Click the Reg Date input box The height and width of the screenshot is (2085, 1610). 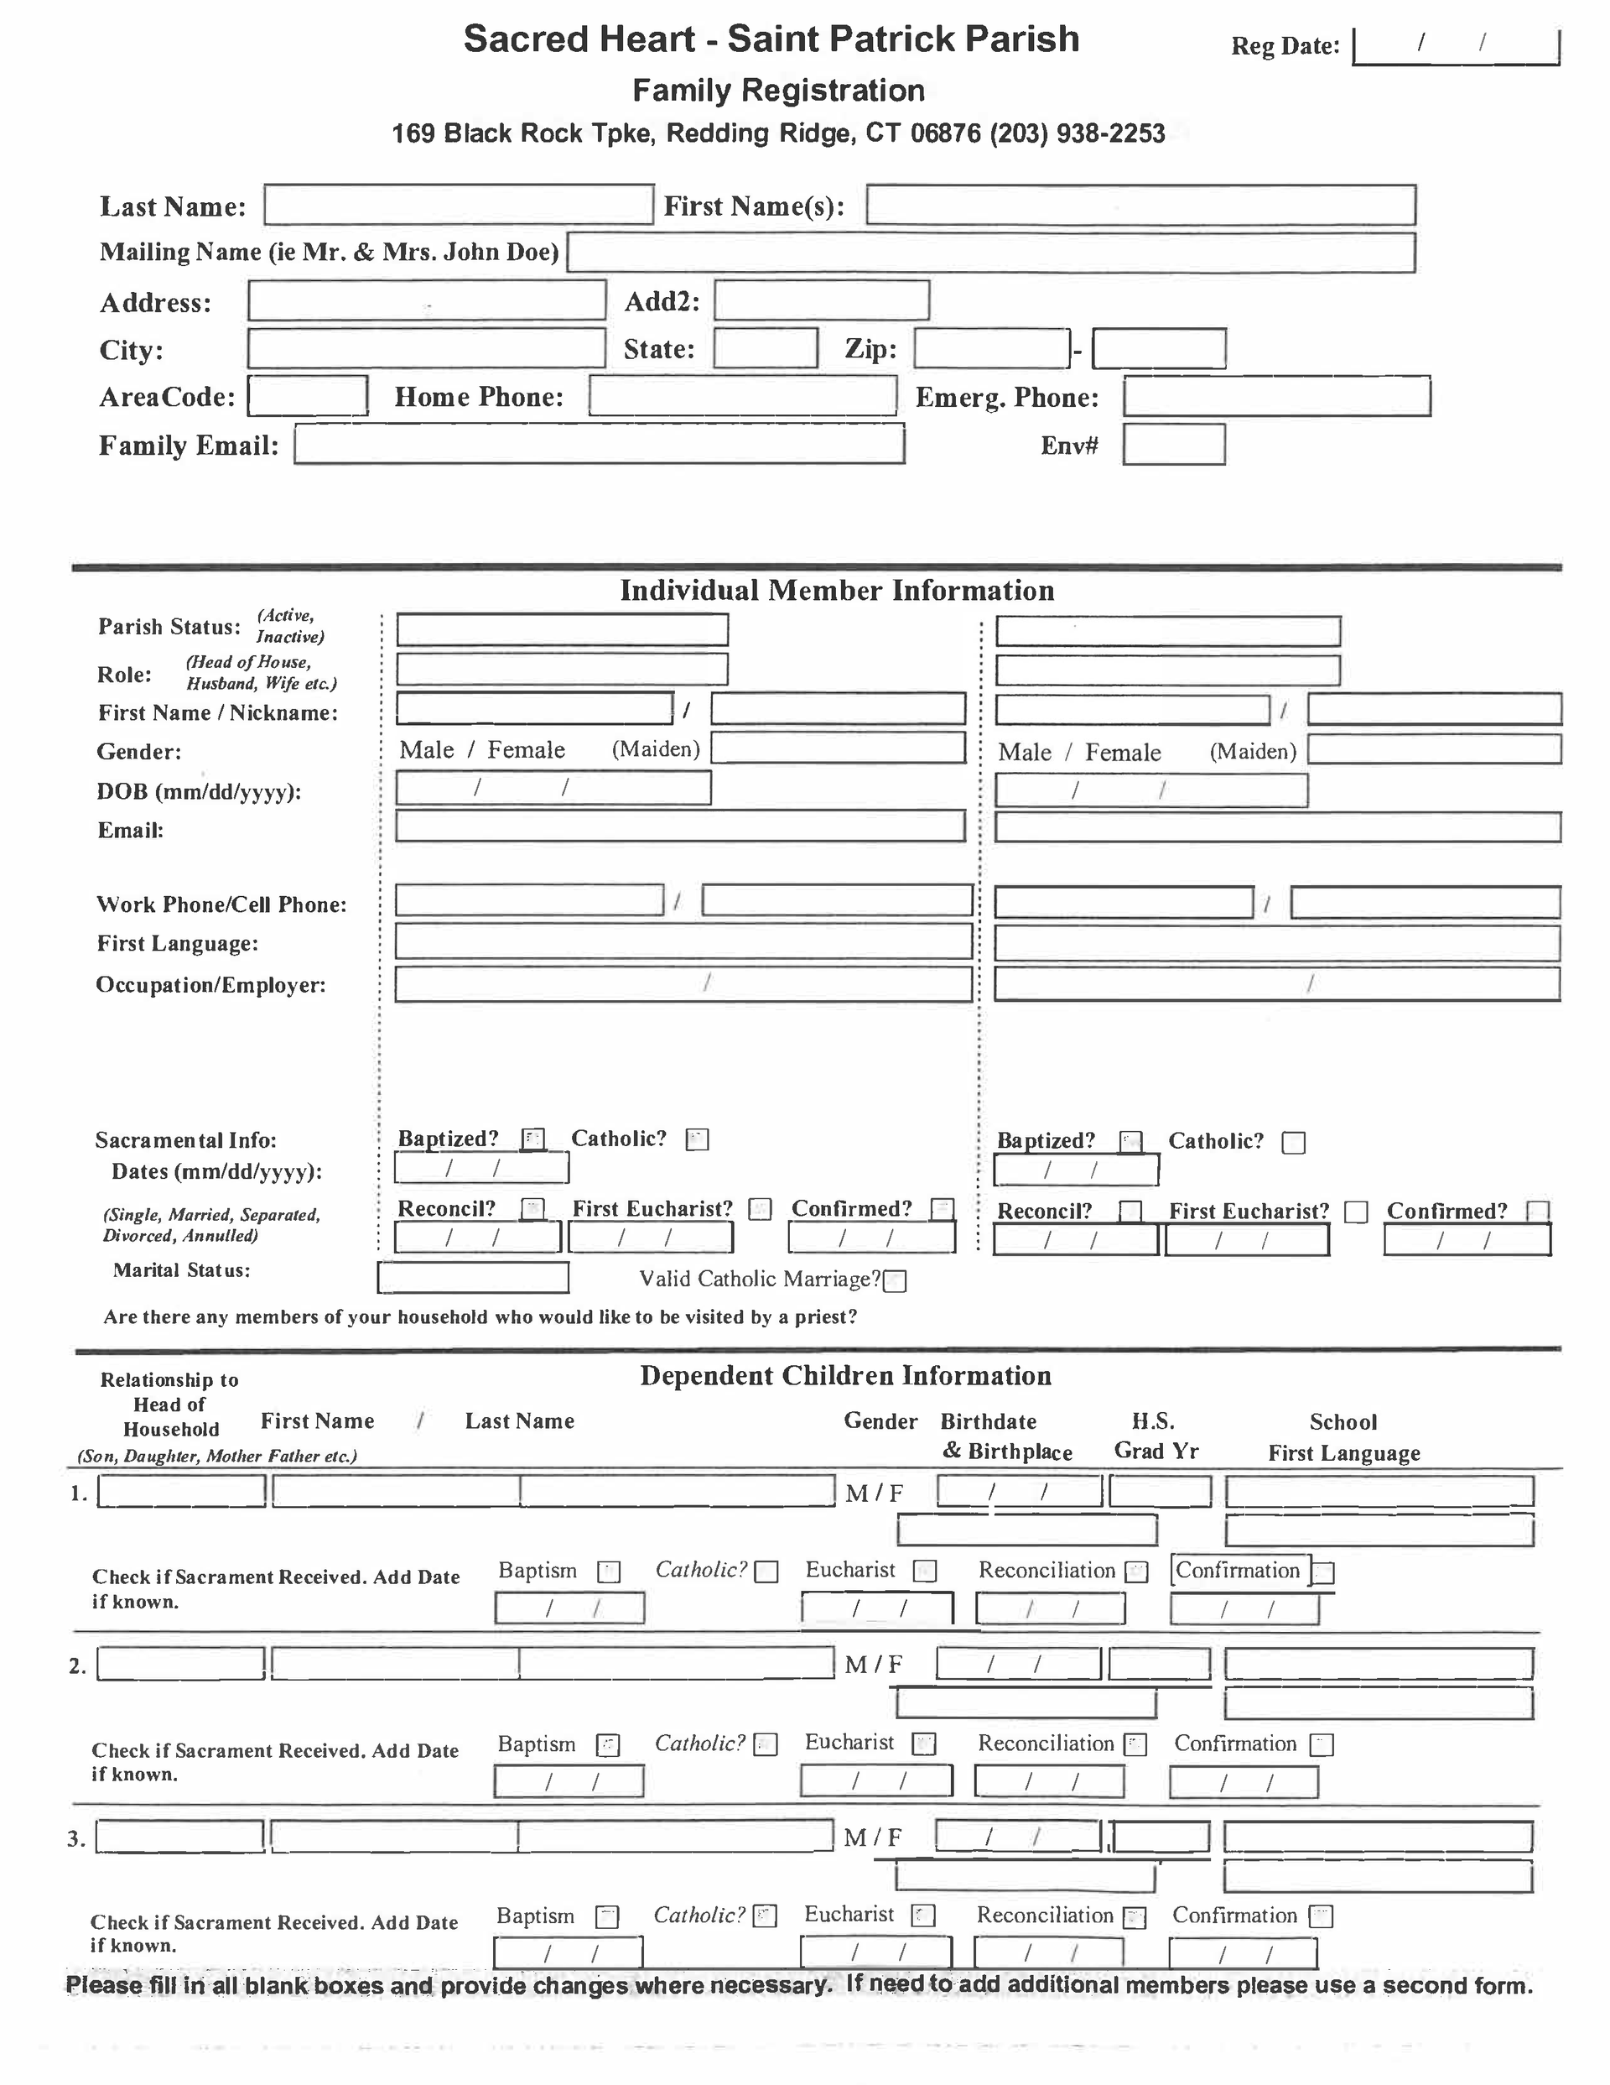(x=1456, y=47)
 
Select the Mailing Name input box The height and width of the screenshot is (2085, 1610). (x=990, y=253)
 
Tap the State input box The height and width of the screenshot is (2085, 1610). (x=766, y=348)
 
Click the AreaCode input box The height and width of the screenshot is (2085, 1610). (x=307, y=396)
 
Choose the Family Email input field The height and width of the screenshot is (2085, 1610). (x=600, y=445)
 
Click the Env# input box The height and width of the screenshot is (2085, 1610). (x=1174, y=445)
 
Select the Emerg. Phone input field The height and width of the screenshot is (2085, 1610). (x=1277, y=397)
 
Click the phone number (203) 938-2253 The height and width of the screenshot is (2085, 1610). (x=1078, y=133)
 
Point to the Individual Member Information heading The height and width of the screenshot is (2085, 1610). (x=837, y=591)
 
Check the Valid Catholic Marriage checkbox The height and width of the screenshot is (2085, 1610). (x=894, y=1281)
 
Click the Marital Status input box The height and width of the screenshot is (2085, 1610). (x=474, y=1277)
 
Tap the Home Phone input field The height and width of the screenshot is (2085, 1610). (x=742, y=396)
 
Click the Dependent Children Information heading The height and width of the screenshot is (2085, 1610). (x=845, y=1376)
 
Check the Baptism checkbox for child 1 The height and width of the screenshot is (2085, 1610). (x=609, y=1572)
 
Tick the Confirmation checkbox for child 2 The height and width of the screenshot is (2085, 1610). (x=1321, y=1745)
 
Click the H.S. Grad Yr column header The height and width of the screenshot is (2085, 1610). (x=1156, y=1436)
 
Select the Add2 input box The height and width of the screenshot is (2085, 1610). (x=822, y=300)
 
